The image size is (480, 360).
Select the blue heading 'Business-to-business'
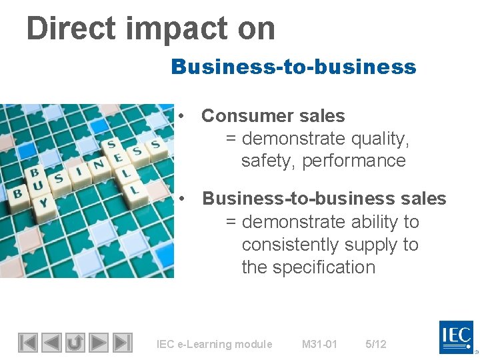[x=293, y=67]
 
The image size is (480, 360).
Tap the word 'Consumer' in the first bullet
[x=245, y=116]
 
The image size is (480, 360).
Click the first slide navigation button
[x=27, y=343]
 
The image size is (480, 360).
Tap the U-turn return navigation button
[x=75, y=343]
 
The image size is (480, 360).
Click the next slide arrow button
[x=99, y=343]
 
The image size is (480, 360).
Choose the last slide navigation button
[x=122, y=343]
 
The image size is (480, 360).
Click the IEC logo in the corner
[x=457, y=337]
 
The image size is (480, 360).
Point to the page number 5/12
[x=375, y=344]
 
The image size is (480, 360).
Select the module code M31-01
[x=319, y=344]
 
